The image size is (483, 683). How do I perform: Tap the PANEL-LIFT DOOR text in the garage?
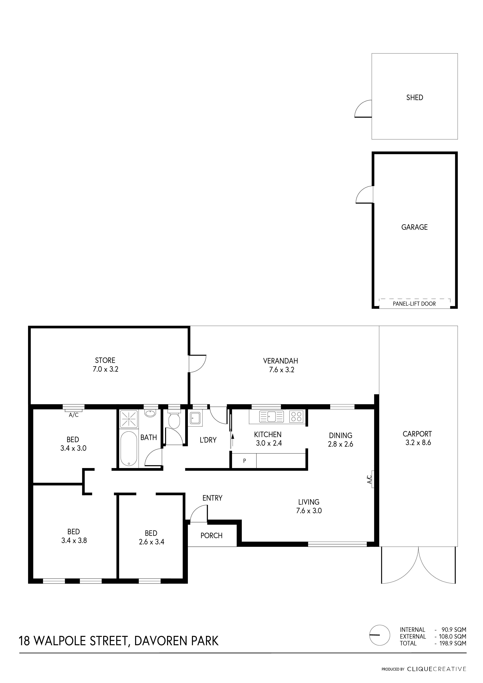[x=414, y=304]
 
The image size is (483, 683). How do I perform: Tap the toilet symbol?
[x=174, y=419]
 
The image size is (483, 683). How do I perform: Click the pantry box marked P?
[x=245, y=461]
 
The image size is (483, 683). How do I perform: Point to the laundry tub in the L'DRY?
[x=195, y=418]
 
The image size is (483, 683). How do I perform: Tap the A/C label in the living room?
[x=369, y=479]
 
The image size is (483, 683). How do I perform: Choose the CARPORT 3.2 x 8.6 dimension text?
[x=418, y=442]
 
